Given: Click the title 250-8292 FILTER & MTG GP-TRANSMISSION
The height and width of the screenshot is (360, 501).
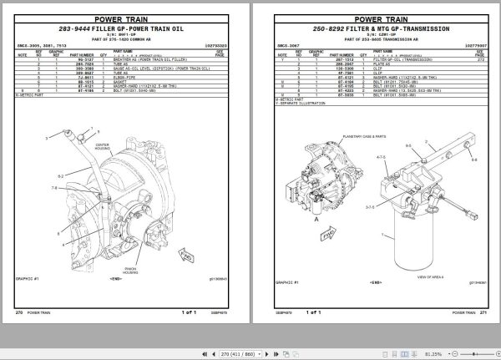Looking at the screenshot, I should pyautogui.click(x=375, y=29).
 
